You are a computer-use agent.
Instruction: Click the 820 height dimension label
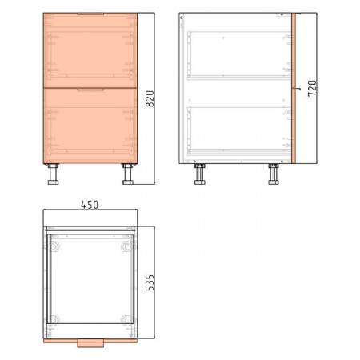click(x=150, y=99)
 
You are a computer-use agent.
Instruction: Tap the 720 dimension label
click(x=312, y=88)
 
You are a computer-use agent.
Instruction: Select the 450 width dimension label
click(x=90, y=205)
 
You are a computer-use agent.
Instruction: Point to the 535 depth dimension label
click(x=150, y=282)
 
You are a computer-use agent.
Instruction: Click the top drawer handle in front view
click(x=90, y=14)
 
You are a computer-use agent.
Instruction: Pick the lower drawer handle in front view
click(x=90, y=90)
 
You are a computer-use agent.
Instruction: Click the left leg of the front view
click(x=53, y=174)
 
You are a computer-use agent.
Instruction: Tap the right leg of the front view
click(x=128, y=174)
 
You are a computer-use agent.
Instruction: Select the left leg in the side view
click(x=200, y=174)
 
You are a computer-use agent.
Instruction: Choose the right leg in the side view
click(x=274, y=174)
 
